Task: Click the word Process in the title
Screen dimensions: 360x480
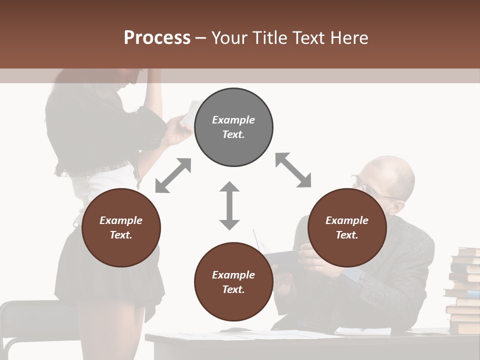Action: point(157,38)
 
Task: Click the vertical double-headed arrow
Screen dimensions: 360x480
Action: point(229,205)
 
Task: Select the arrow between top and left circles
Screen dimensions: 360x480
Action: point(173,175)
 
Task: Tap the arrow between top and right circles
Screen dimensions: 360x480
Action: point(293,170)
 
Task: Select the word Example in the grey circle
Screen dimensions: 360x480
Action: point(233,120)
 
